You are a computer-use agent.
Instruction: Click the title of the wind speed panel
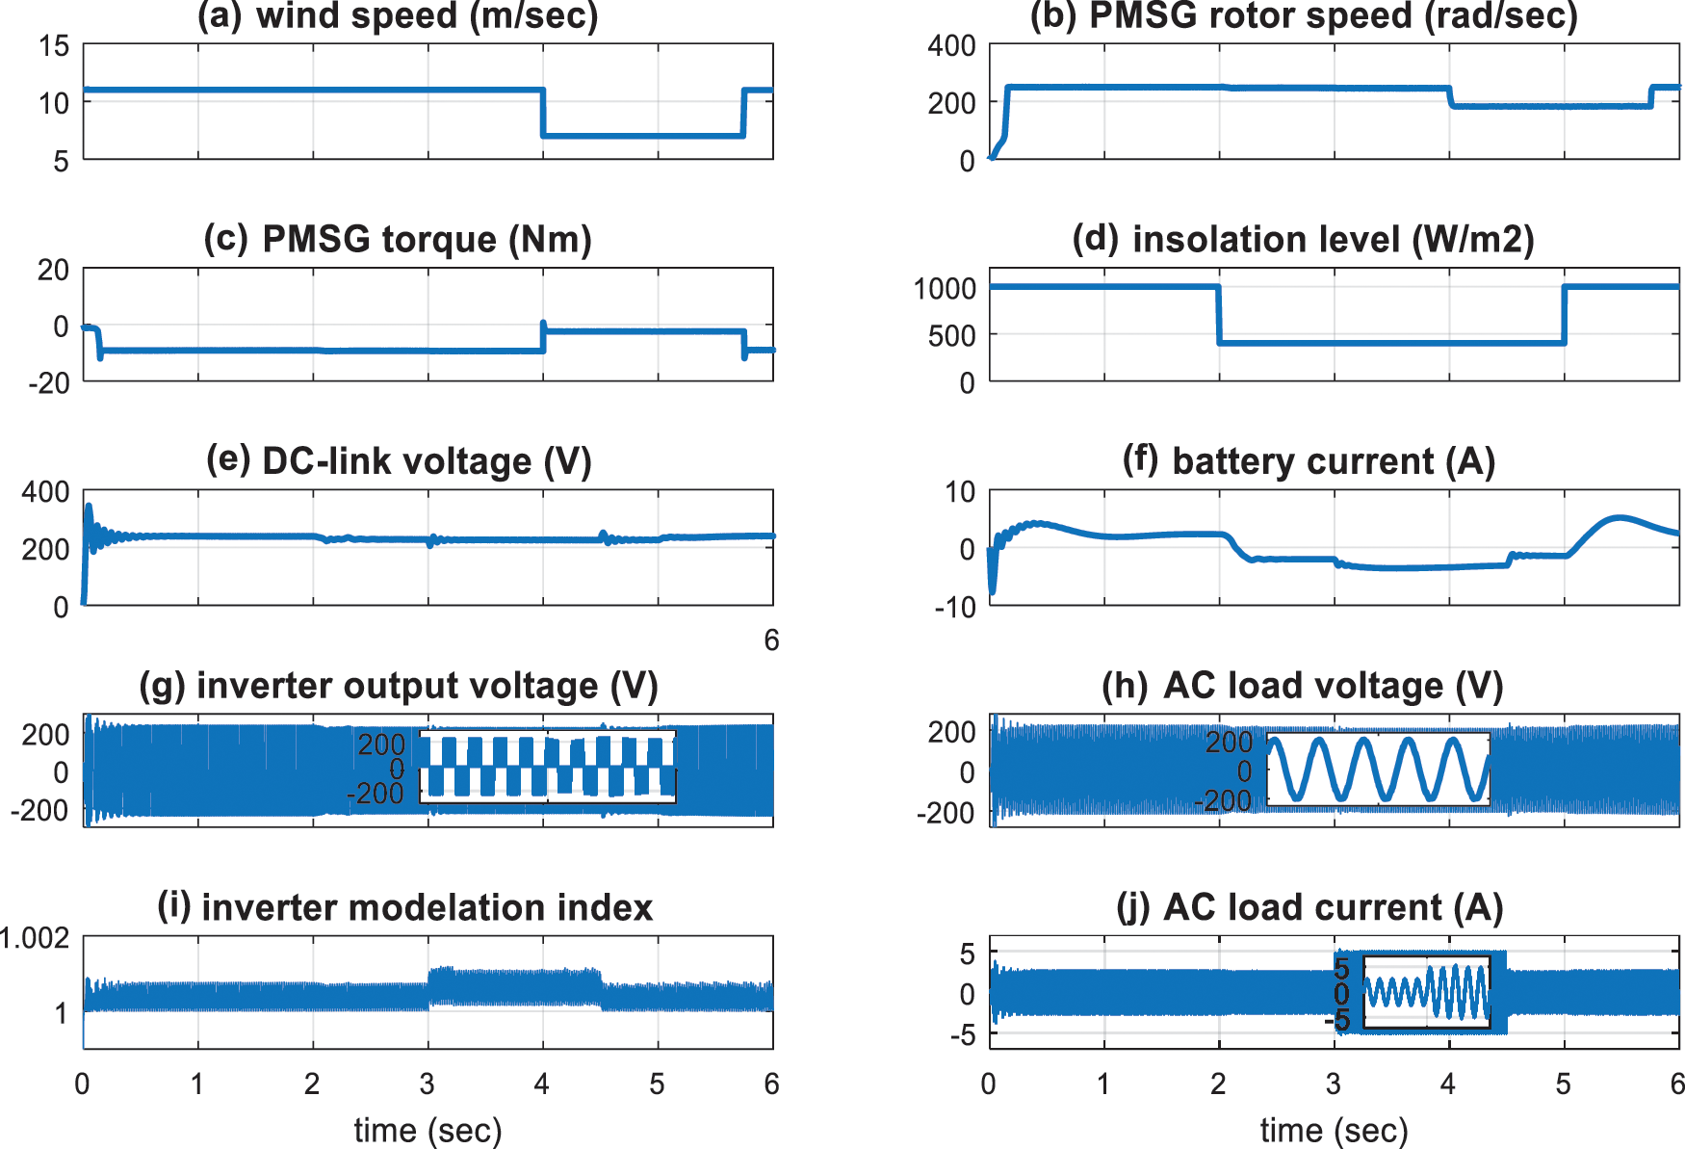(x=398, y=16)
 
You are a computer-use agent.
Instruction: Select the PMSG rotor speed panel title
(x=1304, y=16)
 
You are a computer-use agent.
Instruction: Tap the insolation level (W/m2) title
(x=1303, y=240)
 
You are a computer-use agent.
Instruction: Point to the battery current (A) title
(x=1309, y=461)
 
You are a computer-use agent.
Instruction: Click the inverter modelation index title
(x=405, y=908)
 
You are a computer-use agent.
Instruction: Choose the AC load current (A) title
(x=1309, y=908)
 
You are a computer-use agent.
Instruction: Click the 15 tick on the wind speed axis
(x=54, y=45)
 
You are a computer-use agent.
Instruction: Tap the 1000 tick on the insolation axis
(x=945, y=288)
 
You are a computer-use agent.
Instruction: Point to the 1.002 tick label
(x=35, y=938)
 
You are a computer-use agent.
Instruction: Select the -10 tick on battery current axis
(x=954, y=608)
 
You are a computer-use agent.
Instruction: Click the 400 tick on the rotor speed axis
(x=951, y=45)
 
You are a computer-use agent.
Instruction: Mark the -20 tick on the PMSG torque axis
(x=49, y=383)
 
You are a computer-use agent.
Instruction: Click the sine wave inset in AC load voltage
(x=1378, y=769)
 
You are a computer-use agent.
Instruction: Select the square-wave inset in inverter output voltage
(x=547, y=767)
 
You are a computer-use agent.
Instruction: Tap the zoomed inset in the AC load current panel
(x=1426, y=992)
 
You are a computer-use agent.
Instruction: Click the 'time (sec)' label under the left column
(x=428, y=1130)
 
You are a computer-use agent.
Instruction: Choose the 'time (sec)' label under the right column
(x=1334, y=1130)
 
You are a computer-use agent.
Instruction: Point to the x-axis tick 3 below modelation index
(x=428, y=1084)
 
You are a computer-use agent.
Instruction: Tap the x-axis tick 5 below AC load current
(x=1563, y=1084)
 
